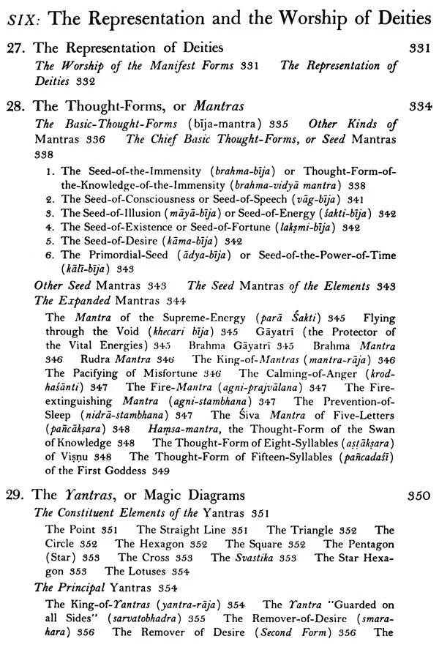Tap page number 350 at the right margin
point(419,495)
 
